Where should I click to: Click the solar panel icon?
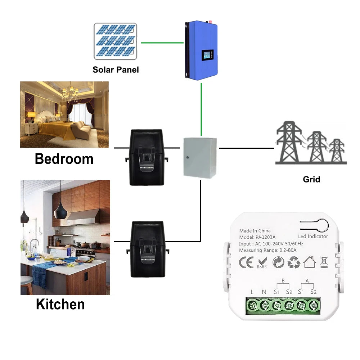(x=115, y=41)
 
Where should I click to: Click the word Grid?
(x=311, y=179)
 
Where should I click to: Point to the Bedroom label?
(x=64, y=159)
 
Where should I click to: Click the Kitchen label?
(x=60, y=305)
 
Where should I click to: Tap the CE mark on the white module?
(x=247, y=262)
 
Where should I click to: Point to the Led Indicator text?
(x=313, y=237)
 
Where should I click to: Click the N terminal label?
(x=264, y=292)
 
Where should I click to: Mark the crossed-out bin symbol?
(x=324, y=262)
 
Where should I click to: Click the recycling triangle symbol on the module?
(x=294, y=262)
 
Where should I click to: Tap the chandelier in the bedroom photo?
(x=70, y=93)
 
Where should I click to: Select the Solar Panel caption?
(x=116, y=69)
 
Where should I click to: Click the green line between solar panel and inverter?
(x=162, y=42)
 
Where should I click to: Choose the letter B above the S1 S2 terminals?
(x=283, y=281)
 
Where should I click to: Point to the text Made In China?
(x=255, y=231)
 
